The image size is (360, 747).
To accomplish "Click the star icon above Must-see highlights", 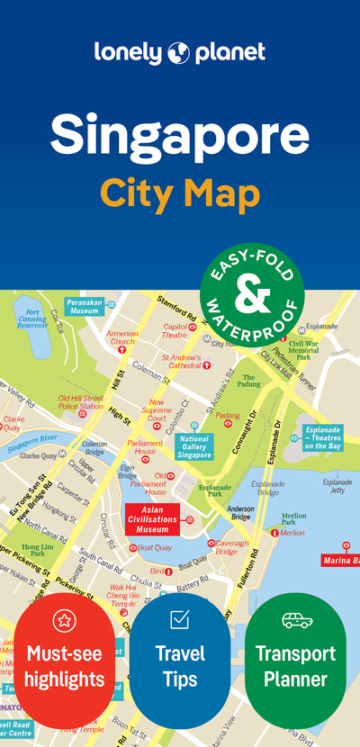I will [64, 619].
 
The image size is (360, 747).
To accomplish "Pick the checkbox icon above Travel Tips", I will [179, 619].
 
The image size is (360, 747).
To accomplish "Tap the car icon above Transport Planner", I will [295, 619].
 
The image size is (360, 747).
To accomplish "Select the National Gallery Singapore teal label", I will [194, 447].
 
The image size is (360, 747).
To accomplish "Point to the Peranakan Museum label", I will [83, 307].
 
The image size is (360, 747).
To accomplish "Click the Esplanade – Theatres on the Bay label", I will [322, 437].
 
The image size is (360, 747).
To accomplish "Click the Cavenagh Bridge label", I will [232, 547].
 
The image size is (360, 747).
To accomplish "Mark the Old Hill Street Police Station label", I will [80, 402].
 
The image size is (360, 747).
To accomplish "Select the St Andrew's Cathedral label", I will [181, 362].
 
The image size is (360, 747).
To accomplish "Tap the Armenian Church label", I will [121, 337].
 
